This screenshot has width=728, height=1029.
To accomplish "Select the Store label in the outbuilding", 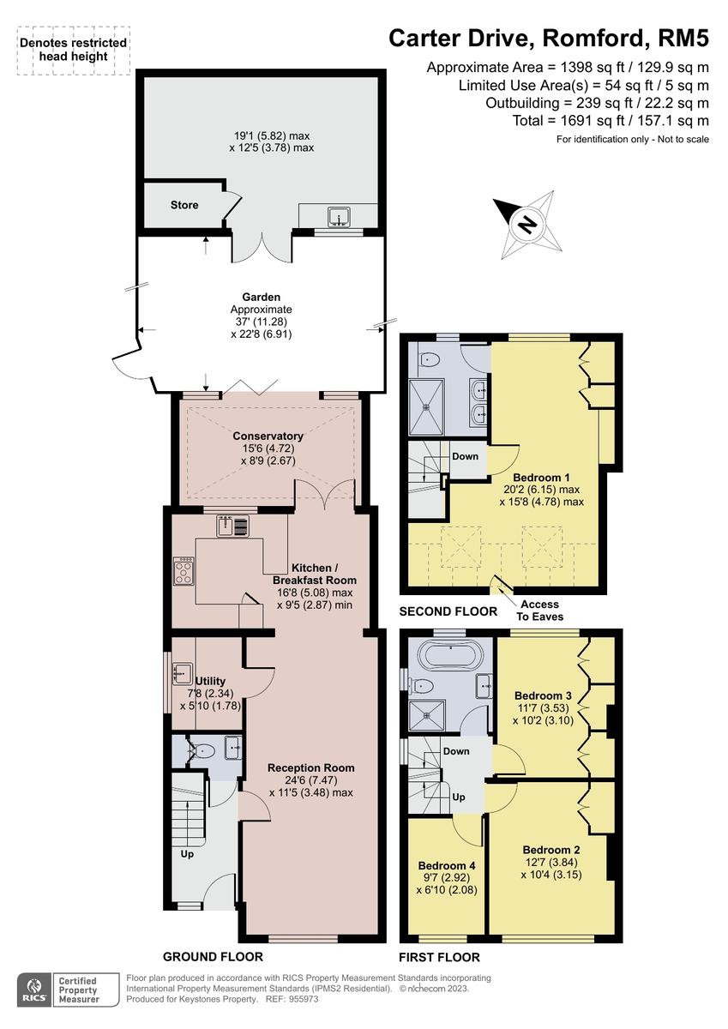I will point(184,205).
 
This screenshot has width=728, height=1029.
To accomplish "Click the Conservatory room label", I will point(268,436).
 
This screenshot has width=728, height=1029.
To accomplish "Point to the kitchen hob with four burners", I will point(184,571).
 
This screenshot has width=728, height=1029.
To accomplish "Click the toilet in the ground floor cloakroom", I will point(202,752).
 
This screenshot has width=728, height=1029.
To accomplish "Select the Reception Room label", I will point(310,767).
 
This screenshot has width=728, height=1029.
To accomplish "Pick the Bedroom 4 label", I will point(447,865).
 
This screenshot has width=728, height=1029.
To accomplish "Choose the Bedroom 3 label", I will point(542,695).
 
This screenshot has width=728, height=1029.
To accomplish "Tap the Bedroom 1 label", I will point(541,478).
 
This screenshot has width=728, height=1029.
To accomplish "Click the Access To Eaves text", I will point(539,610).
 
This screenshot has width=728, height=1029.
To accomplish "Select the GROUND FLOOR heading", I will point(213,956).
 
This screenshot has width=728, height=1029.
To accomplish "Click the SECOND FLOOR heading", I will point(448,611).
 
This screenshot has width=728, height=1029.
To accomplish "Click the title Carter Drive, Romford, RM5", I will point(549,38).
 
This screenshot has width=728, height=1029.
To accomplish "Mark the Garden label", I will point(262,297).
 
